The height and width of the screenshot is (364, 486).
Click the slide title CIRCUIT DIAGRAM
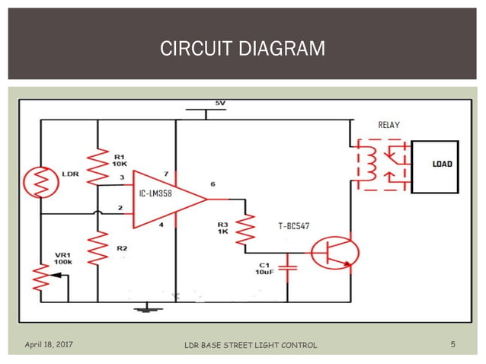(242, 49)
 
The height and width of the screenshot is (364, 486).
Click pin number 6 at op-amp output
(213, 184)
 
